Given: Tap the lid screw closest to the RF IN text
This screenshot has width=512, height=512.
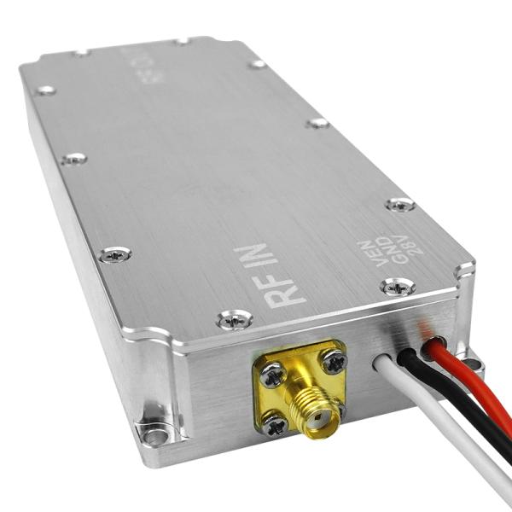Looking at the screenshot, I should click(x=233, y=319).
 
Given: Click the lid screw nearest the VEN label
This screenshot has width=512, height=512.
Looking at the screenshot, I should click(x=398, y=287).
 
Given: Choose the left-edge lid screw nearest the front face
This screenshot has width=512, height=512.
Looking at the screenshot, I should click(x=114, y=253).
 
